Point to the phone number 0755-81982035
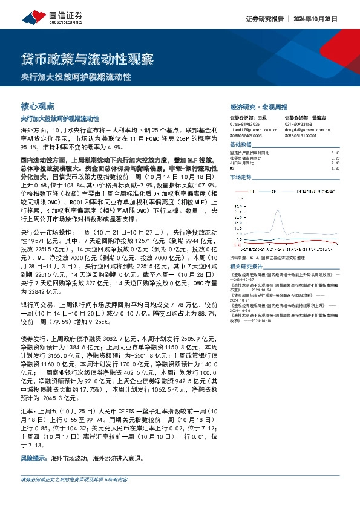[x=245, y=123]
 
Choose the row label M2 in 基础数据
[x=234, y=168]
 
